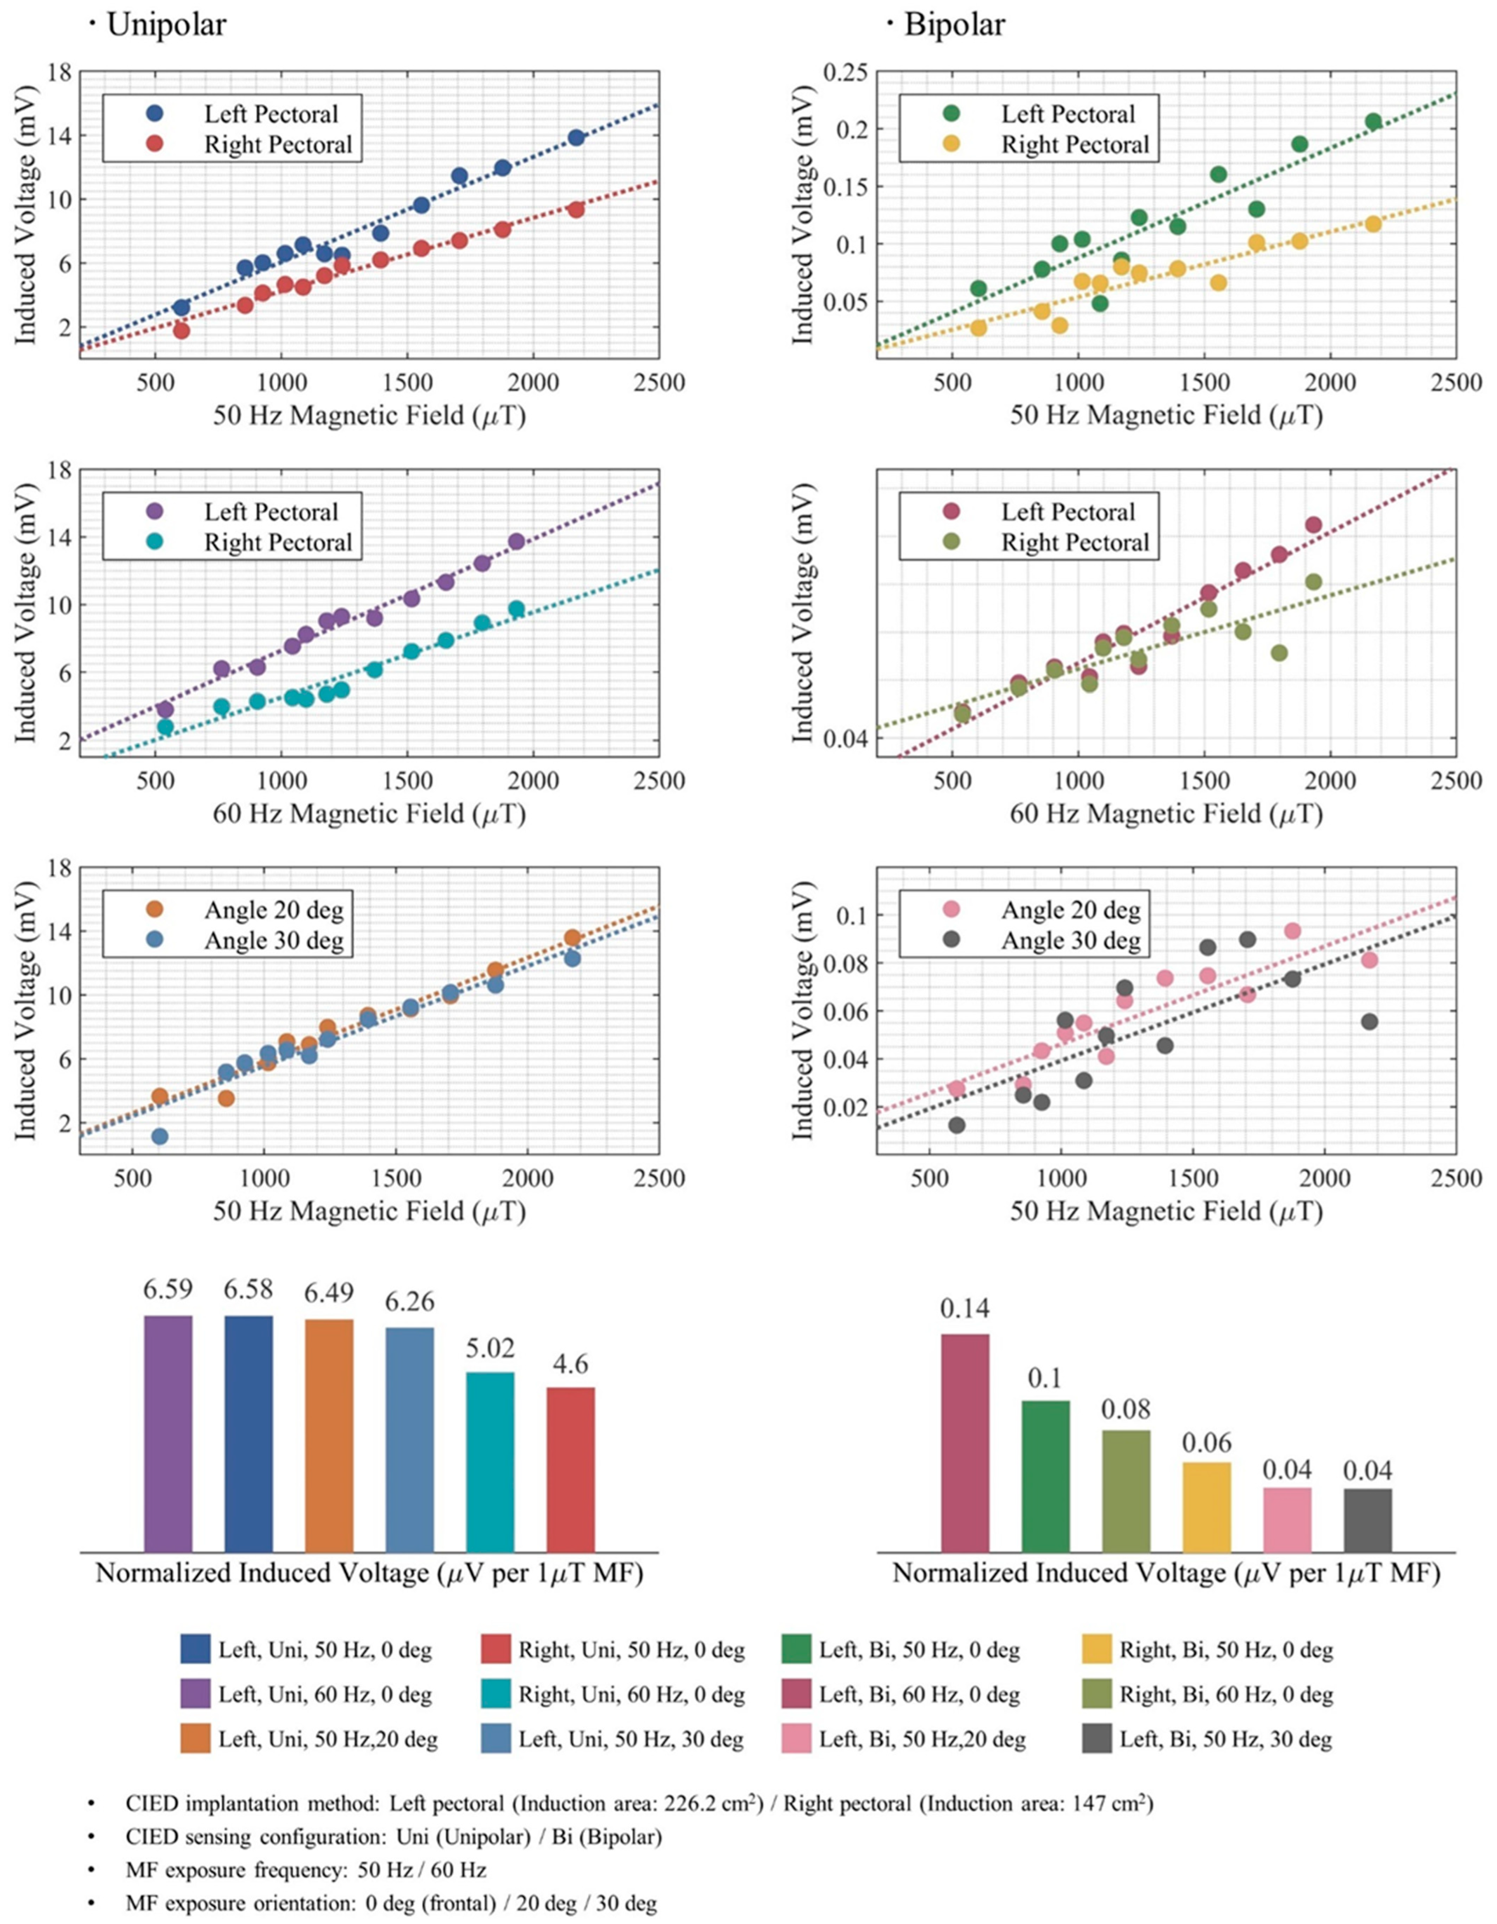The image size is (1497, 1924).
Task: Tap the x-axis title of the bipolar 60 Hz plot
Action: [x=1166, y=813]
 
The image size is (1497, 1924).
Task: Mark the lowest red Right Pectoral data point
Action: [x=182, y=330]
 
